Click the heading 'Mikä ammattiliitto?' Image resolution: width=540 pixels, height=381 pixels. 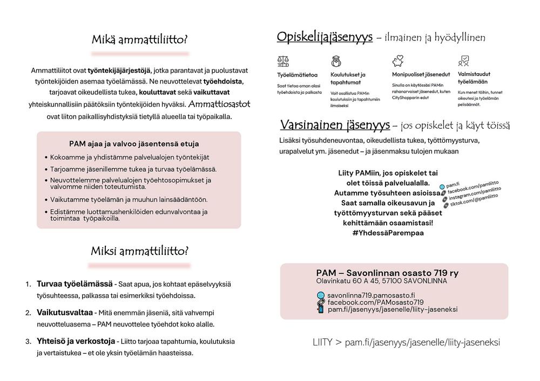(140, 40)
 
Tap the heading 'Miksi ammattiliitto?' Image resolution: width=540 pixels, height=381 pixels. (140, 251)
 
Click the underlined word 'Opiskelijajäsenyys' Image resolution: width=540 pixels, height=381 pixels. (325, 37)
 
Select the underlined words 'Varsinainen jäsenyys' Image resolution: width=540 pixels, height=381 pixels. (335, 125)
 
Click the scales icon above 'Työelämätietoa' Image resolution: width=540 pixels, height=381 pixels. (282, 61)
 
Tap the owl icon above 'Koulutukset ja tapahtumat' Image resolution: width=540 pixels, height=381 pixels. (336, 61)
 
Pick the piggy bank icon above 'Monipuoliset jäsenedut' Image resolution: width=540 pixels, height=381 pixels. (398, 60)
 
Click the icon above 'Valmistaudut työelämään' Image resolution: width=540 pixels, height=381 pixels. (463, 61)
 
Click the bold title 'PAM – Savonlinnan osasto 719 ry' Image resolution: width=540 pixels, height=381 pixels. (387, 273)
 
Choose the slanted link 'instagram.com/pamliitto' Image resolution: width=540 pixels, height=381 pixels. (475, 195)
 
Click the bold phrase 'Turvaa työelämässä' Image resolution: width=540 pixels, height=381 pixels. (75, 283)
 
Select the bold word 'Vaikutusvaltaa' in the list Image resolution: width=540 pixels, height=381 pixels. (65, 313)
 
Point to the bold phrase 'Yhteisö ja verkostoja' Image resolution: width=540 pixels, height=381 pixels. (76, 341)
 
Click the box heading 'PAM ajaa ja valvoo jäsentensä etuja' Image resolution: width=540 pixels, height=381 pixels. (134, 144)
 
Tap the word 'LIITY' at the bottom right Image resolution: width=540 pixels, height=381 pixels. (323, 343)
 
